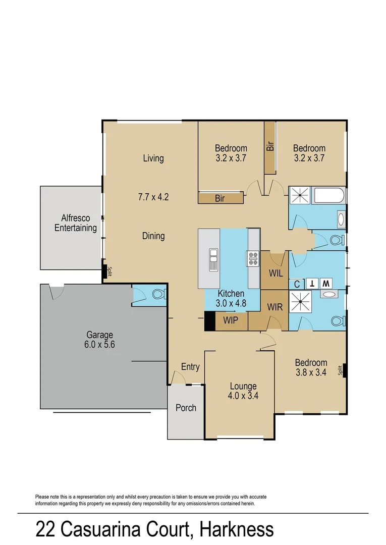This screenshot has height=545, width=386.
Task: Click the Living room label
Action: [x=153, y=158]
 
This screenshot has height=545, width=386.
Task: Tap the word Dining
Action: [x=153, y=236]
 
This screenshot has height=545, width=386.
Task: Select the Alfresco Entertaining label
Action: [x=76, y=223]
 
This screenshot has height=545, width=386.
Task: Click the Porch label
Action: [x=186, y=407]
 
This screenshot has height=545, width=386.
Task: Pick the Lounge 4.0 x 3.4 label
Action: [x=243, y=391]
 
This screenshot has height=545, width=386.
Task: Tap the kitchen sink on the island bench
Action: [x=213, y=259]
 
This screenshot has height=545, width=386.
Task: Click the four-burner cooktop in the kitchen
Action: [x=252, y=258]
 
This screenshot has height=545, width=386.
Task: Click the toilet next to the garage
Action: [x=157, y=295]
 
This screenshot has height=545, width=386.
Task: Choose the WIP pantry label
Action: [x=231, y=320]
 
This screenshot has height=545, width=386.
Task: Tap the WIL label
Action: [x=275, y=273]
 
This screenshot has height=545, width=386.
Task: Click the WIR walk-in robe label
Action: [x=274, y=307]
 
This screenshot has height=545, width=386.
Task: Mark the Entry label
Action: [x=190, y=367]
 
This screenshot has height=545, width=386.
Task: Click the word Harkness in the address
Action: [x=237, y=529]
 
